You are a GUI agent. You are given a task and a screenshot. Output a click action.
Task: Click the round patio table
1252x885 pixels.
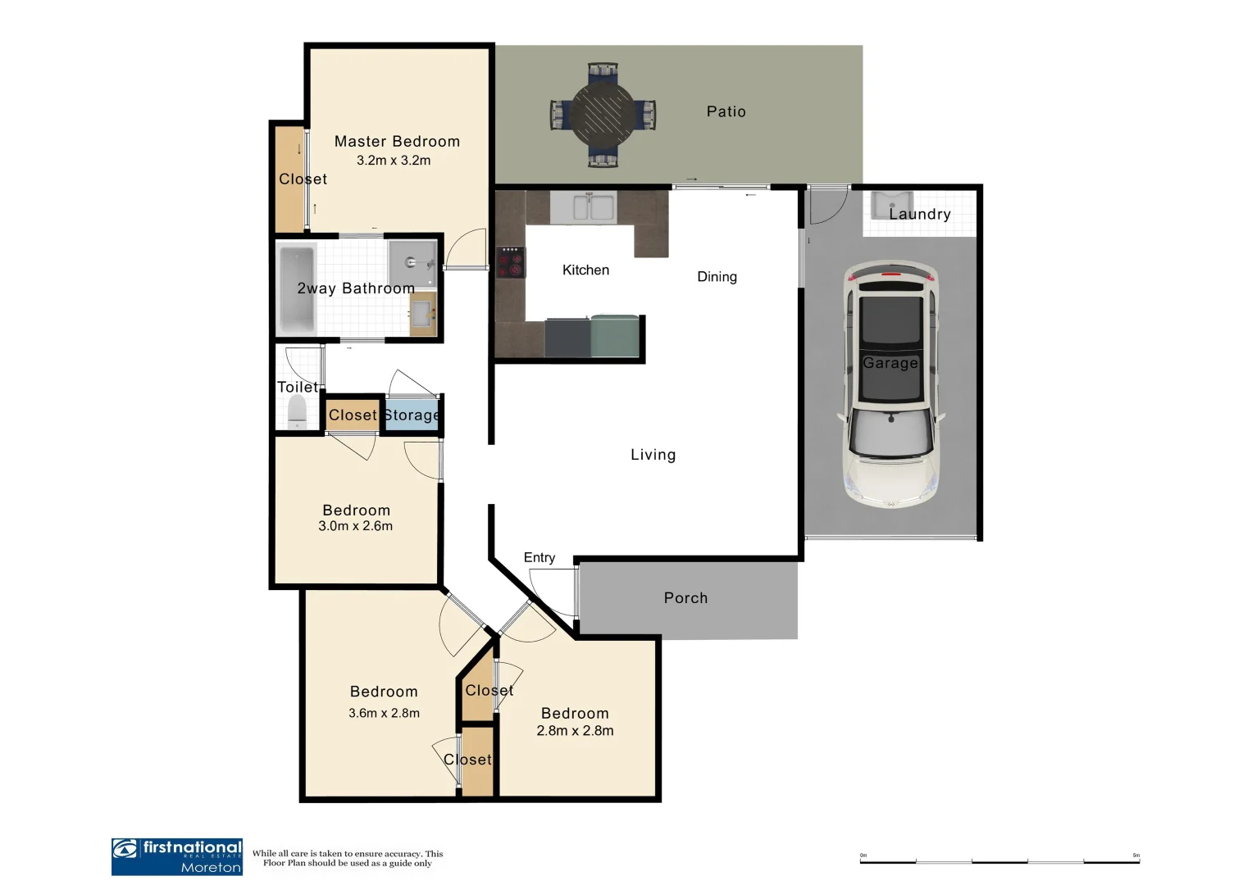603,115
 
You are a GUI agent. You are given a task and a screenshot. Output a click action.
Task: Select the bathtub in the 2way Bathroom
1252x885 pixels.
296,288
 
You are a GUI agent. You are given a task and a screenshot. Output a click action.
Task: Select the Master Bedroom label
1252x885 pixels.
397,142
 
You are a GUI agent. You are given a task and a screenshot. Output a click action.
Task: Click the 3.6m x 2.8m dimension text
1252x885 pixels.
384,713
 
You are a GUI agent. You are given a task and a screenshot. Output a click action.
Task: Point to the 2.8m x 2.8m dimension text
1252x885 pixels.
575,731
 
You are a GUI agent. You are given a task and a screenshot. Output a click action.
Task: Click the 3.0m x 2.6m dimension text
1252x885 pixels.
355,526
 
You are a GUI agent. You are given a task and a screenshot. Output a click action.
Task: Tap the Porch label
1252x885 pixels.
685,598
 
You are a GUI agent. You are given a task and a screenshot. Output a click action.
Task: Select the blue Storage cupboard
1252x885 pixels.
412,415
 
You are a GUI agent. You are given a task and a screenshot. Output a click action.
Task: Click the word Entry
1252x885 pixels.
539,557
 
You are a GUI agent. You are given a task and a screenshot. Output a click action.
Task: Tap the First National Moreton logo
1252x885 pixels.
177,856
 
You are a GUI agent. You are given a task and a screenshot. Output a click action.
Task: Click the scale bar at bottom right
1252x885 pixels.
999,861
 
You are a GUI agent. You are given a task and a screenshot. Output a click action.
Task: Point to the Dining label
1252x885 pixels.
717,277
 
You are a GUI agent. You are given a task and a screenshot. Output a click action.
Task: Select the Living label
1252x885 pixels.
653,455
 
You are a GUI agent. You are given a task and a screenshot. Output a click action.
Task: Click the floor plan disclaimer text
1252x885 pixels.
348,858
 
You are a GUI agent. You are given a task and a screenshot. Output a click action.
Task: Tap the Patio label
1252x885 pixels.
726,111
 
